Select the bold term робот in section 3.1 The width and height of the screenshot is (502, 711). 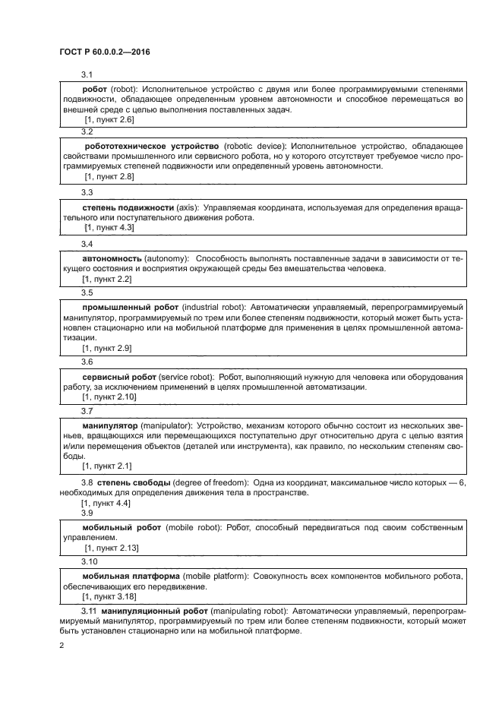point(94,89)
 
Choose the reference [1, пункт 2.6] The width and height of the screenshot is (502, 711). point(109,120)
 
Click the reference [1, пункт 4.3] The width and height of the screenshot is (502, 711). point(109,227)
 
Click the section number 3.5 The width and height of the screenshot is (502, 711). point(87,292)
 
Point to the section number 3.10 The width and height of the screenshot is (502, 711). point(90,561)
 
